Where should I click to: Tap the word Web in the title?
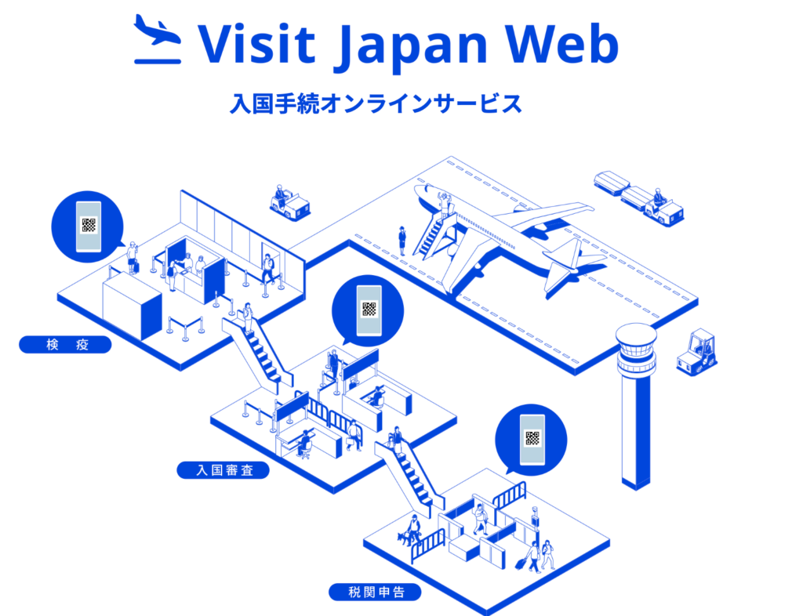click(x=563, y=43)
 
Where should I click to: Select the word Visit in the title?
click(x=257, y=43)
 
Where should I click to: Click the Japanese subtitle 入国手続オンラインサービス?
click(x=376, y=103)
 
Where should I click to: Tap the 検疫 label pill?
click(x=66, y=344)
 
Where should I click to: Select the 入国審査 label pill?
click(x=223, y=469)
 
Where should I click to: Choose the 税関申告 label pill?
click(x=375, y=592)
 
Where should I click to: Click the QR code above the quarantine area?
click(x=89, y=225)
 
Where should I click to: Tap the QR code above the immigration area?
click(x=369, y=309)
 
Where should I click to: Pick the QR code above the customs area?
click(x=532, y=438)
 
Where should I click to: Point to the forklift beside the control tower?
click(x=696, y=353)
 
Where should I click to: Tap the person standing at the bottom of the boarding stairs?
click(x=402, y=241)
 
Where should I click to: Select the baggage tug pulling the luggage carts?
click(x=663, y=207)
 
